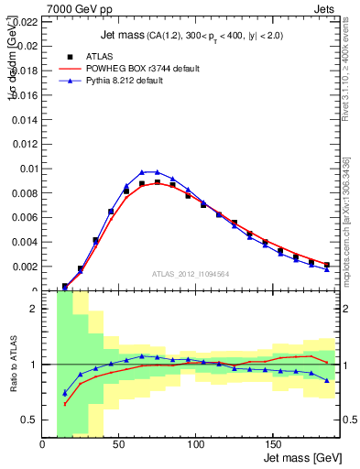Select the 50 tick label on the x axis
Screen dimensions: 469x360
point(119,446)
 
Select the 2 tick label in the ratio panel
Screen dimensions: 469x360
point(33,309)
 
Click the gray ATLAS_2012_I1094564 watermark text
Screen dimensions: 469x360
point(191,274)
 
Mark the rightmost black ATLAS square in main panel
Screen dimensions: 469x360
point(326,265)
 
